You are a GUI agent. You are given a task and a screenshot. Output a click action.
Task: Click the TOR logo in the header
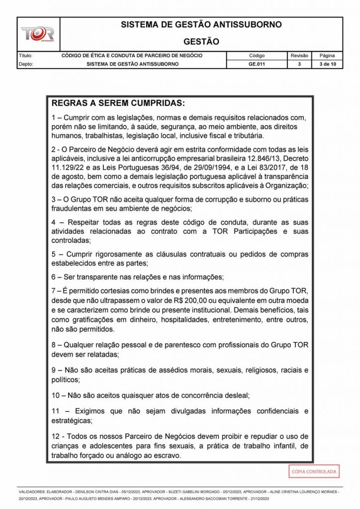[x=37, y=34]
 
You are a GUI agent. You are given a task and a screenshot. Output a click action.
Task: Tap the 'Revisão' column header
[x=299, y=56]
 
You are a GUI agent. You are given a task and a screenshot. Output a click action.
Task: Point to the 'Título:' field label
[x=25, y=56]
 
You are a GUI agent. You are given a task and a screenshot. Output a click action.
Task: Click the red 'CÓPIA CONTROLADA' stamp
[x=314, y=471]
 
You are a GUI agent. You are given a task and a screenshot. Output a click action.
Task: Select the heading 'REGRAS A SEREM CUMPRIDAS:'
[x=118, y=104]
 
